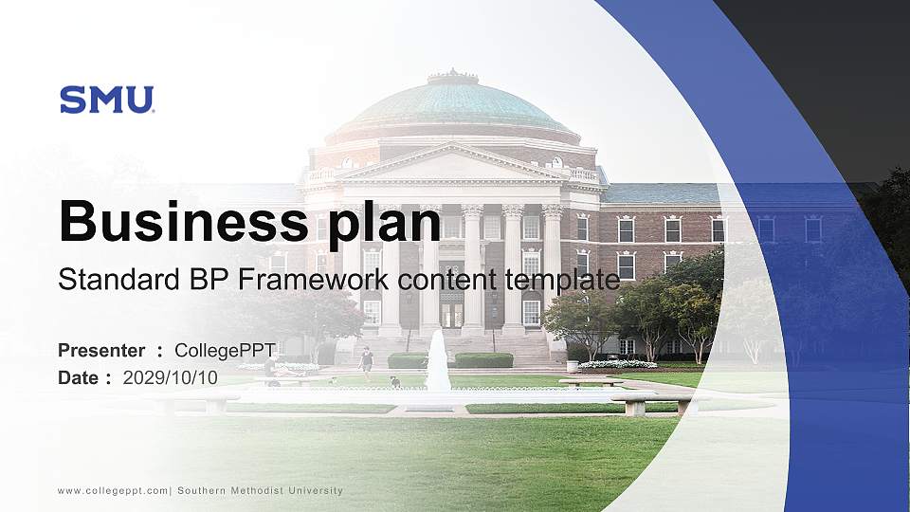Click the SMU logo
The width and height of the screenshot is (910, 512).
pos(106,100)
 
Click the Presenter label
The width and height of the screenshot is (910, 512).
pos(101,351)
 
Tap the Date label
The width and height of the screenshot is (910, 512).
pos(79,377)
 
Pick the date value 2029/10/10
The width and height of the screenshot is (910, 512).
pos(171,377)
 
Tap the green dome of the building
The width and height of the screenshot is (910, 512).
pos(453,104)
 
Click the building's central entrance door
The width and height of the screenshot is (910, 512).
pos(452,313)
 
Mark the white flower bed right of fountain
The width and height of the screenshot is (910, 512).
pos(617,364)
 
